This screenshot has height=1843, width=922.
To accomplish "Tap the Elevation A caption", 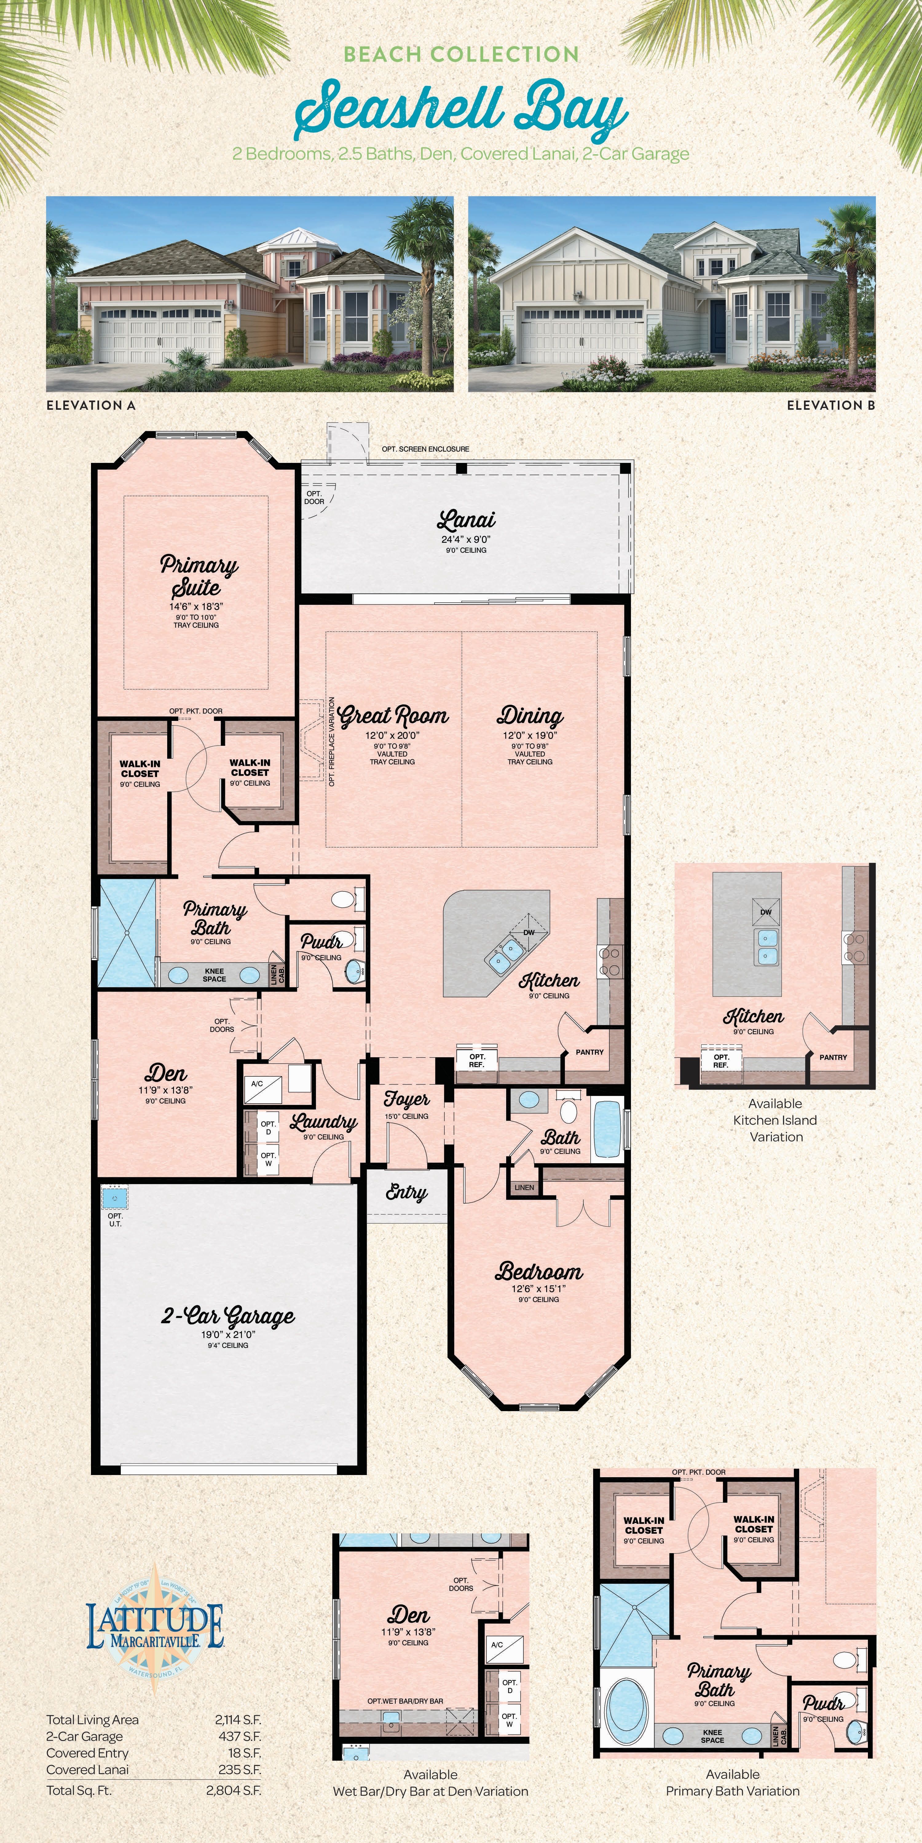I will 91,405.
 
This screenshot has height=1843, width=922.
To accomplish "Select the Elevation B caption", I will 830,405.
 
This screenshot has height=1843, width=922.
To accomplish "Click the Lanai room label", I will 466,520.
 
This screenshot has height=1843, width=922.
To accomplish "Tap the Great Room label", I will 393,715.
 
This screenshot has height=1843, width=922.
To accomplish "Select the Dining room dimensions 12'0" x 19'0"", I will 530,735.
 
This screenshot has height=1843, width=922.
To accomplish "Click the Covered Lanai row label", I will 87,1769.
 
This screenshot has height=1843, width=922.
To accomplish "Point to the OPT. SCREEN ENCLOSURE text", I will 425,448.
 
